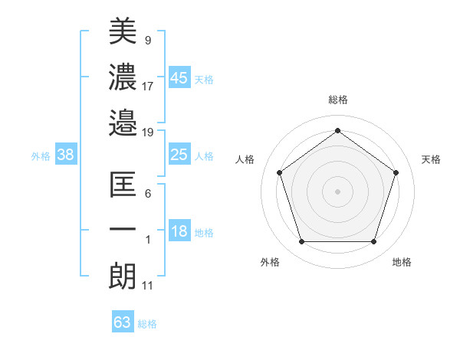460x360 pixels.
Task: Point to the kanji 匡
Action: [x=123, y=185]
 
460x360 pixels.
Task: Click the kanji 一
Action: [x=123, y=230]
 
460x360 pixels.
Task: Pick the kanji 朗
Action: [x=123, y=276]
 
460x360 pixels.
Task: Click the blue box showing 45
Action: [x=179, y=77]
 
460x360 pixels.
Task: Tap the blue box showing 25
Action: [x=179, y=155]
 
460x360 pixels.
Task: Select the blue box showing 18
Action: [x=179, y=232]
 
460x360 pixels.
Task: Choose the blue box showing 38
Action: [x=65, y=155]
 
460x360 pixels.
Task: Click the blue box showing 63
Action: [x=123, y=322]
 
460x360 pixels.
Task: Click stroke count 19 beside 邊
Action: [x=148, y=132]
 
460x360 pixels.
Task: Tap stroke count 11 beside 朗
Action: [x=148, y=286]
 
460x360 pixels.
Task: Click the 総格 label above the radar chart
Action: [x=337, y=100]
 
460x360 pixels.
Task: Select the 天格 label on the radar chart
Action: [x=431, y=159]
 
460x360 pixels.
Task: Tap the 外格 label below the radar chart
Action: [x=270, y=262]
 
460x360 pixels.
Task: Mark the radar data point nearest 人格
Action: [x=279, y=172]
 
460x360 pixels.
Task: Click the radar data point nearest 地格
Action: [x=373, y=242]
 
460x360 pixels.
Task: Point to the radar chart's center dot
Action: [x=337, y=191]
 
